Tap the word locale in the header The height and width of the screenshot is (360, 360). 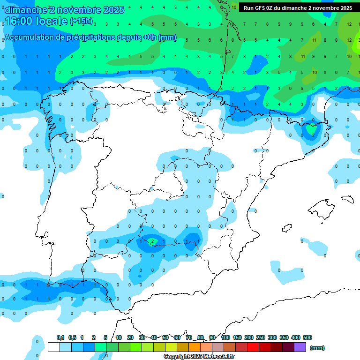click(52, 22)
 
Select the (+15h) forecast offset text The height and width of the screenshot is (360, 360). click(81, 22)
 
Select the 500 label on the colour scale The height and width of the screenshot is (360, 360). click(307, 337)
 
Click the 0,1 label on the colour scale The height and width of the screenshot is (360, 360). click(60, 337)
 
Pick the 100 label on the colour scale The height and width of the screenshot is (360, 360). click(225, 337)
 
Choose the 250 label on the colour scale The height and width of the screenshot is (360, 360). click(260, 337)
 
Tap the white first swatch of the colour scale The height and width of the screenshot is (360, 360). click(53, 347)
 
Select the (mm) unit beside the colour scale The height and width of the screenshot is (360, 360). click(317, 348)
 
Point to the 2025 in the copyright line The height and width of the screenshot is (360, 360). click(196, 357)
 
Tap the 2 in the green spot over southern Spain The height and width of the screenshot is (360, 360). click(152, 241)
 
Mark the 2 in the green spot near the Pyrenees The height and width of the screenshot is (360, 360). click(313, 135)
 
